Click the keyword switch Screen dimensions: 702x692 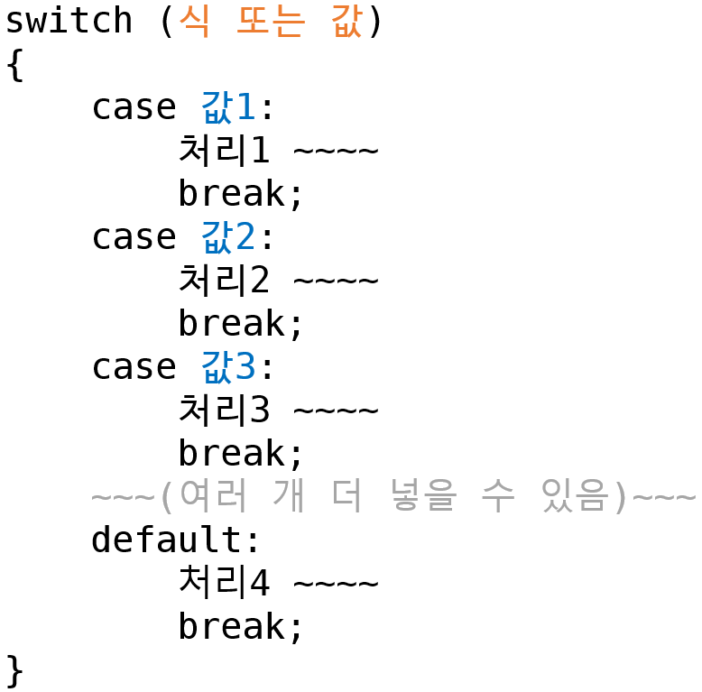coord(69,21)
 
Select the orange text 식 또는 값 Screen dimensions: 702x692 coord(270,21)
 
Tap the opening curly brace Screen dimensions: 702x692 coord(14,64)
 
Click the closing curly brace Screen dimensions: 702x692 coord(14,670)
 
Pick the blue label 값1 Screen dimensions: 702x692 coord(228,107)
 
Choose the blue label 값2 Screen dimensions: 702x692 coord(228,237)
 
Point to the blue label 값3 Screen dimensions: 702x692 coord(228,367)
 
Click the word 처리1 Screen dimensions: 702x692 coord(224,151)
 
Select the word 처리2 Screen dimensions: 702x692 coord(224,281)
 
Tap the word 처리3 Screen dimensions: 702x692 coord(224,411)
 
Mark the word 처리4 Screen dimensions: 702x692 coord(224,584)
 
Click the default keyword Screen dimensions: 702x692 coord(167,540)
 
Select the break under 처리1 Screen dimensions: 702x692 coord(241,194)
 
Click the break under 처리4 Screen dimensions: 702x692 coord(241,627)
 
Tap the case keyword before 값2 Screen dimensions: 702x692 coord(134,237)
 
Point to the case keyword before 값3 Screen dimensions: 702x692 coord(134,367)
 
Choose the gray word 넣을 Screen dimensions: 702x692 coord(422,497)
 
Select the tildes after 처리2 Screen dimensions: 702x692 coord(336,281)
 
